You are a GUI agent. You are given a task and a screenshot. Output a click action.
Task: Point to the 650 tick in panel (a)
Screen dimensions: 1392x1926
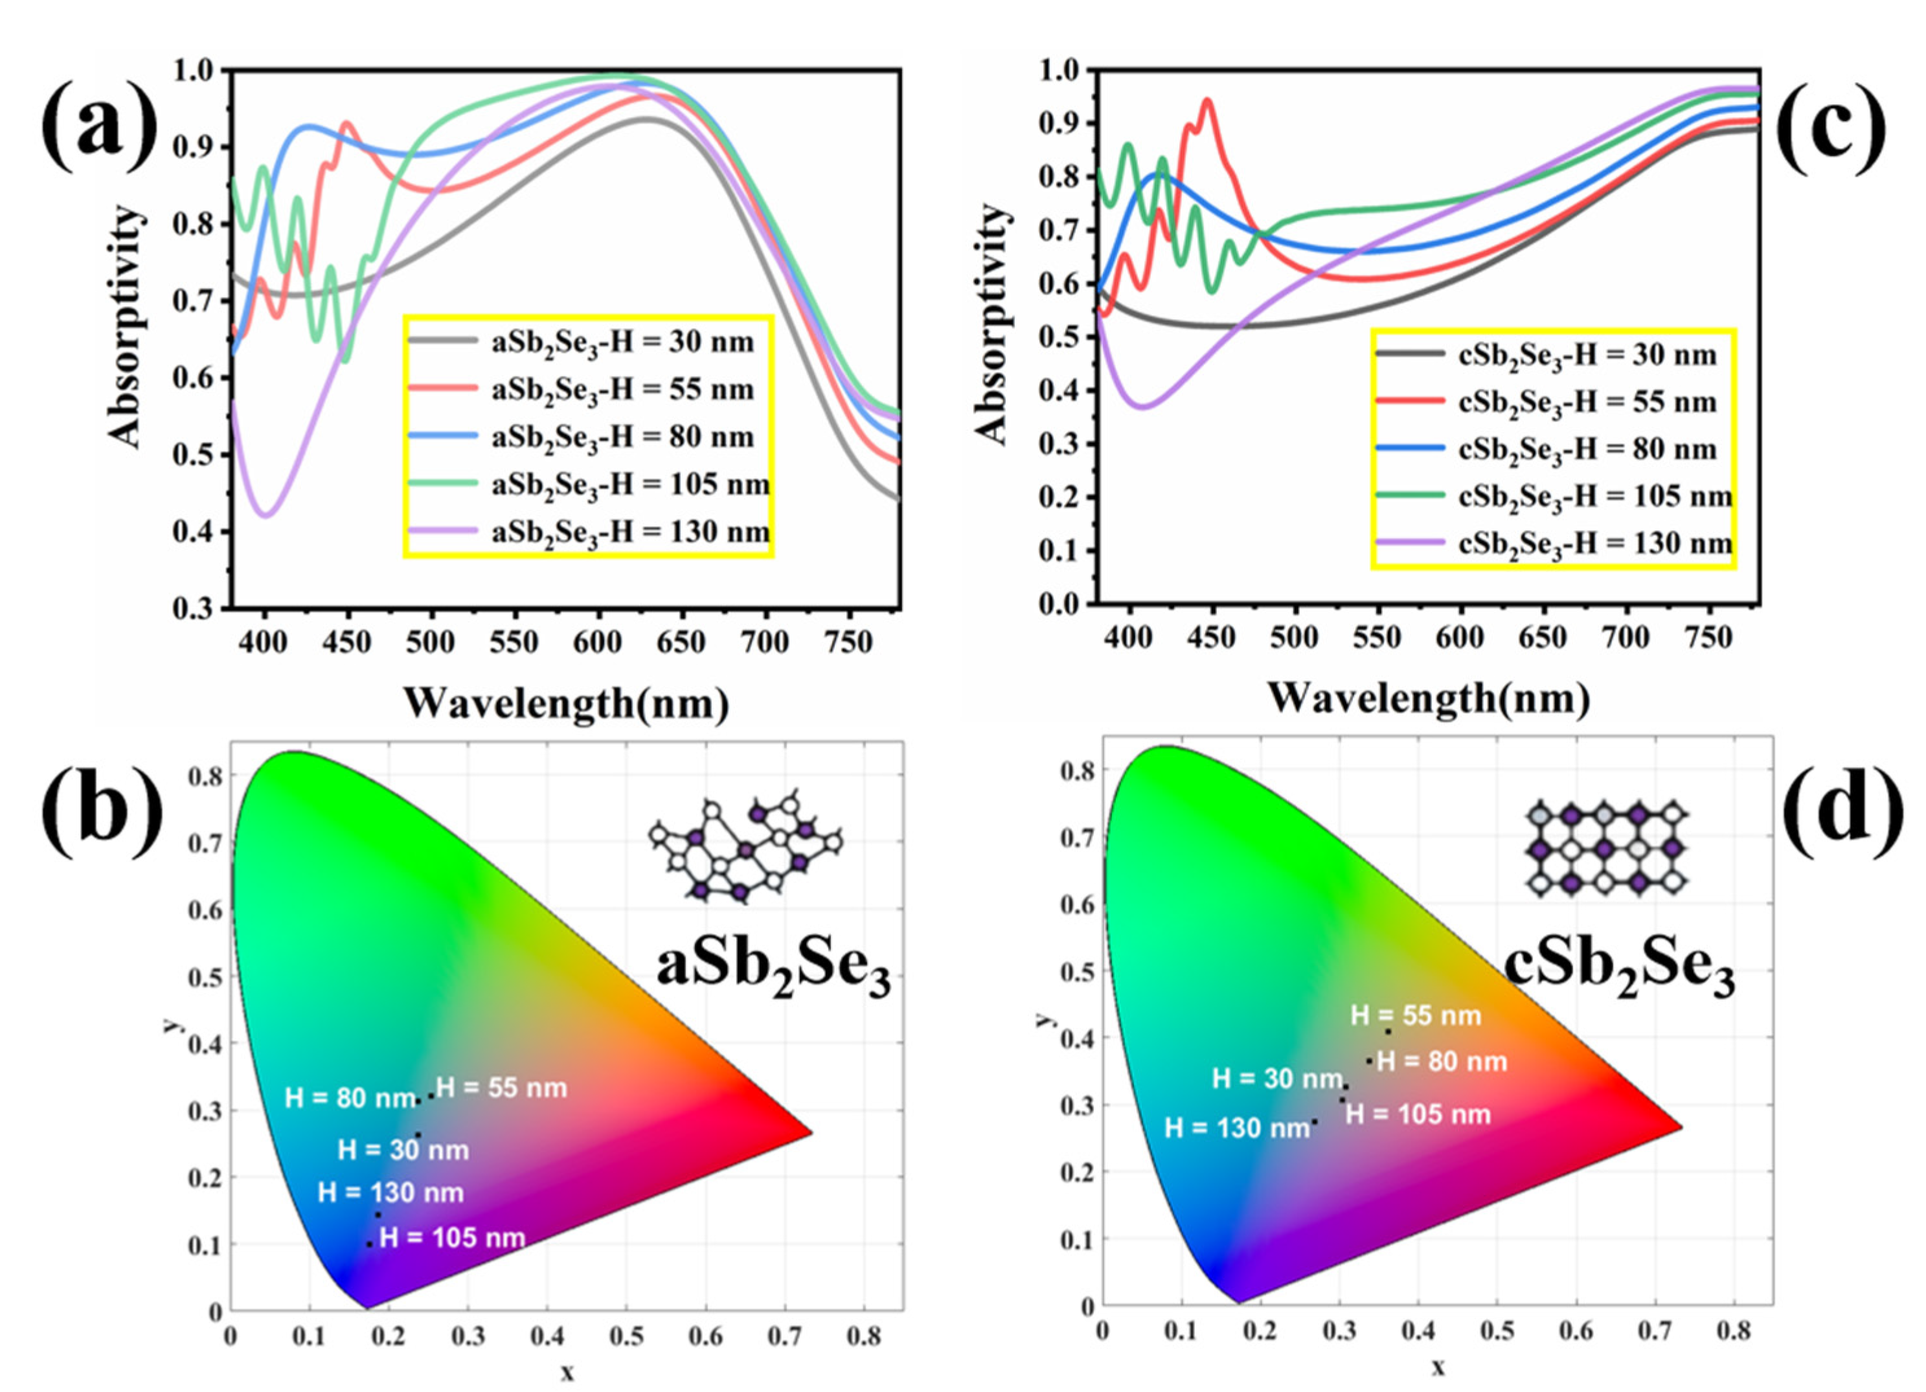tap(680, 642)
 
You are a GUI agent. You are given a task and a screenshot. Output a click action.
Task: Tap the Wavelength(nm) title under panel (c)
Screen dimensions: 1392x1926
tap(1429, 698)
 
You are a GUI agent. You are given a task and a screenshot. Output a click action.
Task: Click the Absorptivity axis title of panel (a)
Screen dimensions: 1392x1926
tap(125, 327)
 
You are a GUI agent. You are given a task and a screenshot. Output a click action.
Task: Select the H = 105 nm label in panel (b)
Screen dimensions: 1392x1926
tap(452, 1237)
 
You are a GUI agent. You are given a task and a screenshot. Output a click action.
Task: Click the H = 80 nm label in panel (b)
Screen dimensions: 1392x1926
tap(350, 1098)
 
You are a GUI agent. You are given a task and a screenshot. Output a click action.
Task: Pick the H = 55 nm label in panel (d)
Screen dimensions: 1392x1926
tap(1416, 1015)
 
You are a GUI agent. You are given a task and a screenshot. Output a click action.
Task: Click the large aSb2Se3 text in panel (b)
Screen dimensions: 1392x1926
tap(773, 970)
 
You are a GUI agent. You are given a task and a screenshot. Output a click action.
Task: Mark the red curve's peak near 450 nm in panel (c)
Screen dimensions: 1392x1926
tap(1206, 100)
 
